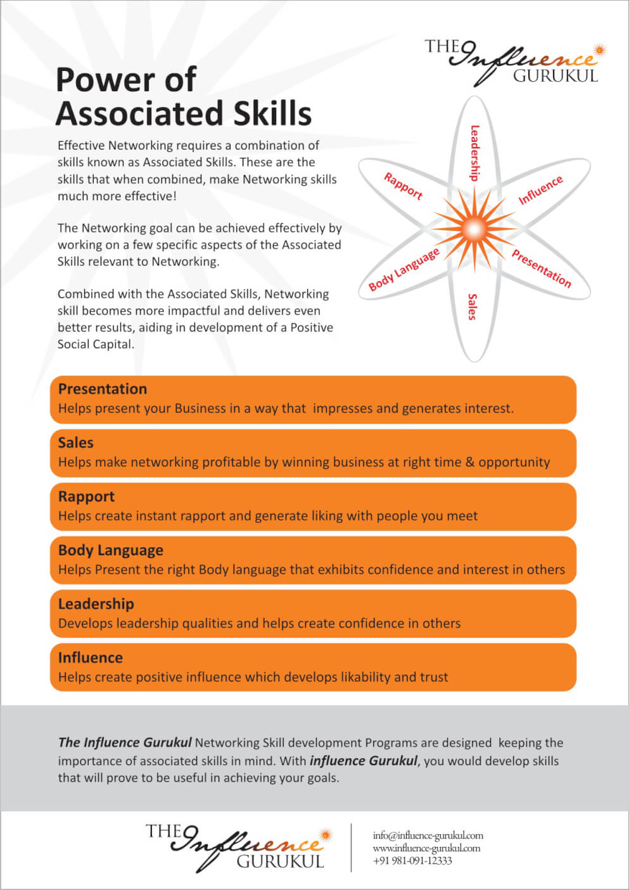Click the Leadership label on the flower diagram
pos(474,153)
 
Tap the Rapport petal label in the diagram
pos(403,186)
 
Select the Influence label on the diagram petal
pos(540,190)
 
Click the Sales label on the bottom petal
pos(472,306)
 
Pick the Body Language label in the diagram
pos(404,269)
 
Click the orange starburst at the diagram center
pos(474,226)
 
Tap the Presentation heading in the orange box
pos(103,389)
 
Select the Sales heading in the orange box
pos(76,442)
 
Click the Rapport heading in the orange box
pos(87,496)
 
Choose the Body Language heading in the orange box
pos(111,550)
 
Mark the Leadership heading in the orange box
pos(96,604)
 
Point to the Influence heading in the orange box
pos(91,658)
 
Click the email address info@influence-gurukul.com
pos(428,835)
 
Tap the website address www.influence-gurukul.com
pos(427,848)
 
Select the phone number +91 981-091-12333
pos(413,861)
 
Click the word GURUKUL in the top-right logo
pos(556,76)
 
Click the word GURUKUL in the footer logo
pos(280,861)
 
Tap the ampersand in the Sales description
pos(470,462)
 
